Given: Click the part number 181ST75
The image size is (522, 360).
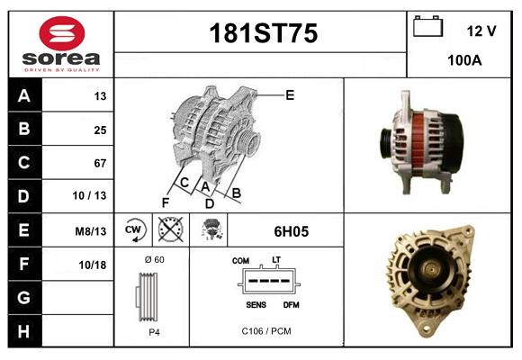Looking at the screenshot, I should pyautogui.click(x=262, y=34).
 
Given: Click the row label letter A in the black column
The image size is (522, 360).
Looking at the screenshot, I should pyautogui.click(x=23, y=95).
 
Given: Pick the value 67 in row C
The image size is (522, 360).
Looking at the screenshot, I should pyautogui.click(x=99, y=163).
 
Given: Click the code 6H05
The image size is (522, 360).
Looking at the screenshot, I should pyautogui.click(x=291, y=231).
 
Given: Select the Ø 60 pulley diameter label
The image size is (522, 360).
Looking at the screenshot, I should pyautogui.click(x=152, y=259).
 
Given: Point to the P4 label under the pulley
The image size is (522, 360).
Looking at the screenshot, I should pyautogui.click(x=153, y=331).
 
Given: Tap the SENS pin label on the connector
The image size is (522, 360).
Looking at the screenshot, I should pyautogui.click(x=256, y=304).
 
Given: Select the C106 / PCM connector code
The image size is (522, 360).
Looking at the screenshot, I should pyautogui.click(x=266, y=331).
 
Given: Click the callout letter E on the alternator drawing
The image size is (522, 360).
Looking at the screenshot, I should pyautogui.click(x=290, y=94).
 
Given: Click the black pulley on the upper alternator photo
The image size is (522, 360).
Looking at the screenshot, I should pyautogui.click(x=389, y=141).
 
